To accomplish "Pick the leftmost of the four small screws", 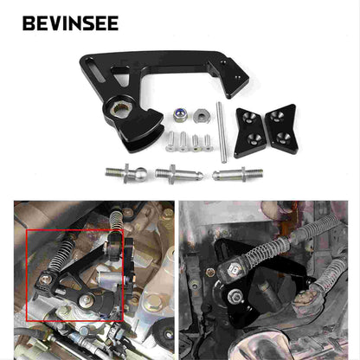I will pyautogui.click(x=171, y=139).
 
